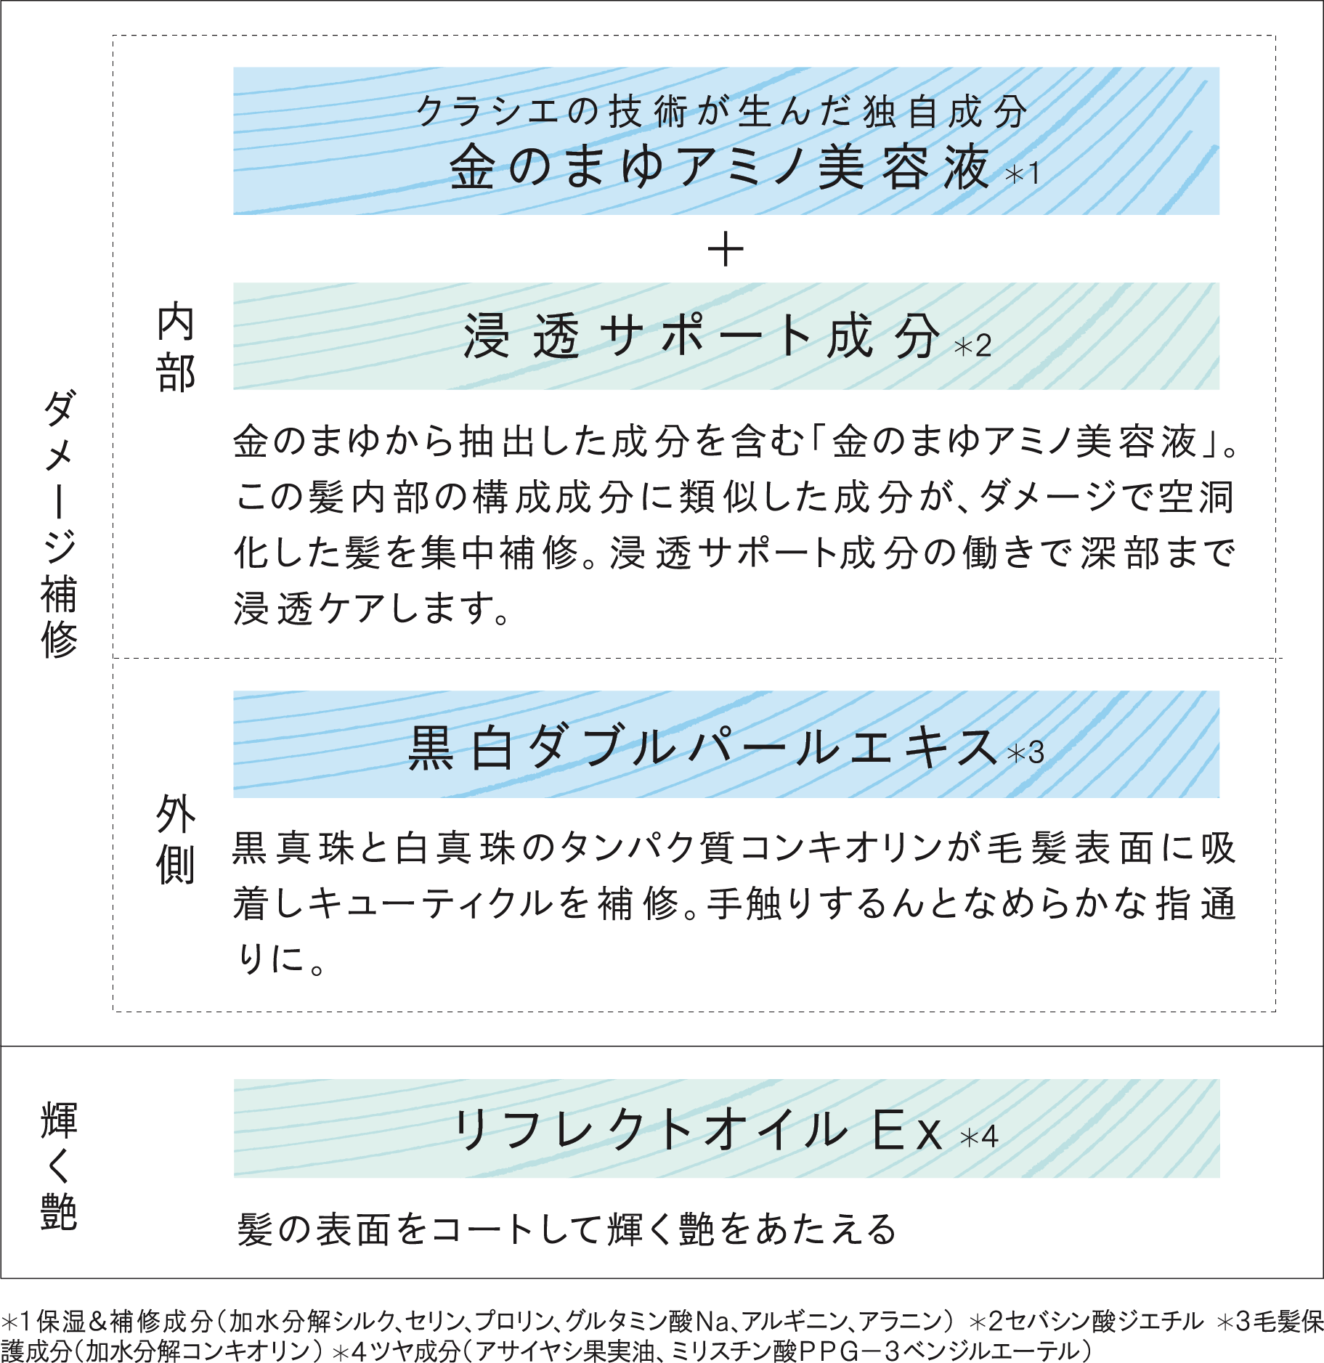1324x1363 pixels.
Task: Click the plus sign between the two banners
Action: (726, 250)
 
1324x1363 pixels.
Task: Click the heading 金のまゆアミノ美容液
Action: (720, 167)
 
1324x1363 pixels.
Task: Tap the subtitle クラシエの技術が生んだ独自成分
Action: (722, 112)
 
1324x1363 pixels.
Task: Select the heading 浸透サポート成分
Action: (702, 336)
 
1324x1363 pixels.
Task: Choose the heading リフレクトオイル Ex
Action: (698, 1131)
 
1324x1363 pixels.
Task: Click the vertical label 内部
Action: (176, 349)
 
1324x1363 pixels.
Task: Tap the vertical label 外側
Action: (176, 839)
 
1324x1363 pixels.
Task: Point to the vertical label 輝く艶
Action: (59, 1166)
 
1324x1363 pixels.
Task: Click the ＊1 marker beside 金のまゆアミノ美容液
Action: (1022, 174)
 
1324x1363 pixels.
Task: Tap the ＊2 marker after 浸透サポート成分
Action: (972, 346)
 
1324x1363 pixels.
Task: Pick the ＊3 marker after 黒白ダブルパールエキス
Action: (1026, 753)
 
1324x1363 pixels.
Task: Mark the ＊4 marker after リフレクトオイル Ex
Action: (979, 1136)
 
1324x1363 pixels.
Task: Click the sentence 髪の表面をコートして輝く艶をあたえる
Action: (567, 1229)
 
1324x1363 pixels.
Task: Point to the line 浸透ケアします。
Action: (371, 608)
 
